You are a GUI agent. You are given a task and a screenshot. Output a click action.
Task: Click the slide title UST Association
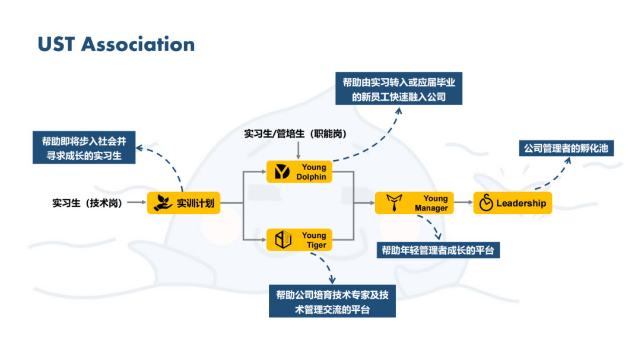[x=116, y=44]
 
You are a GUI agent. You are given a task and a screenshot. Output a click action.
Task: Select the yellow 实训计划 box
[x=183, y=203]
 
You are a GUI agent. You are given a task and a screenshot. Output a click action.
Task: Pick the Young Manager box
[x=414, y=203]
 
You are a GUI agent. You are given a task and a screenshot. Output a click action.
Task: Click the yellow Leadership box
[x=513, y=203]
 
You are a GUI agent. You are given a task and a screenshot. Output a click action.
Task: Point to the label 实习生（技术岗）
[x=87, y=203]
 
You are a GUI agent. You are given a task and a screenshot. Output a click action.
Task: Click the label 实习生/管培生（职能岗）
[x=295, y=134]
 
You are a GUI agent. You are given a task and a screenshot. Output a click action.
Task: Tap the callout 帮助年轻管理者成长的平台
[x=439, y=250]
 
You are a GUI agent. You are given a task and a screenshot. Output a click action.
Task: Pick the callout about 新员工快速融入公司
[x=399, y=89]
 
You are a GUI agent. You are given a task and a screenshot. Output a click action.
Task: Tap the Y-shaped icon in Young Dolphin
[x=282, y=171]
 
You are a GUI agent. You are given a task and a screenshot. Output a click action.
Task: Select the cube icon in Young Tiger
[x=283, y=240]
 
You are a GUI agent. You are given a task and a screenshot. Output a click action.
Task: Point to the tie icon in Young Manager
[x=393, y=203]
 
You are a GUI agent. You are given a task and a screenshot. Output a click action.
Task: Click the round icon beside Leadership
[x=486, y=203]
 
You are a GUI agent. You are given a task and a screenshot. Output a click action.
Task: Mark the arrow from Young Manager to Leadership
[x=463, y=203]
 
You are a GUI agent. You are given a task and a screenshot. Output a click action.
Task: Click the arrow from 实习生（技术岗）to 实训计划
[x=137, y=203]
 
